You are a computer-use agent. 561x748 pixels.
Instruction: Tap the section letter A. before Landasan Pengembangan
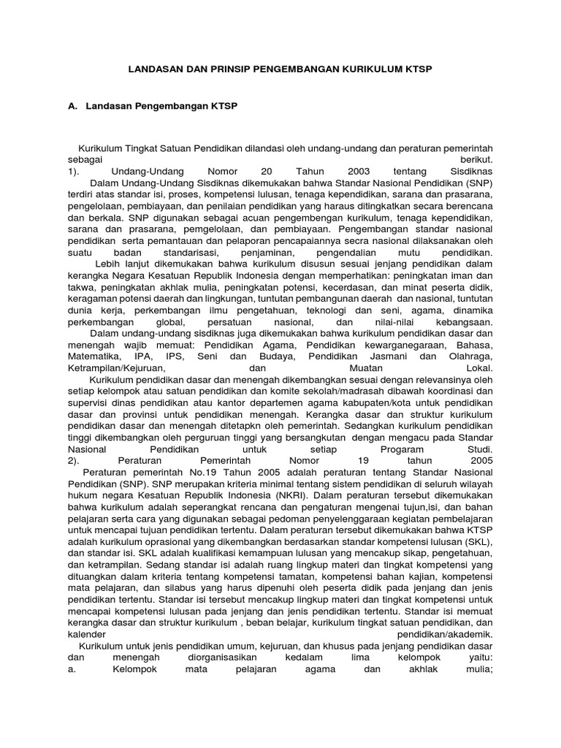coord(72,107)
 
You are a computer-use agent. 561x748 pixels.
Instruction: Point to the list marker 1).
coord(73,170)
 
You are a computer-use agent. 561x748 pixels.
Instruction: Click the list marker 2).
coord(73,461)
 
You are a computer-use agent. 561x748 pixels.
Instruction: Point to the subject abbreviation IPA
coord(143,356)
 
